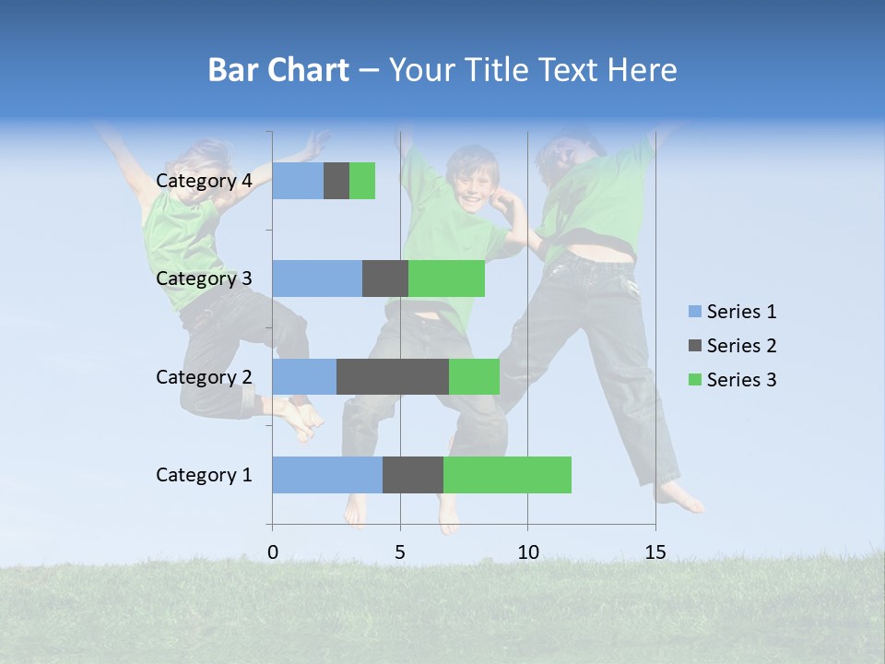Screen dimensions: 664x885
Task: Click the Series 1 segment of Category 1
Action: coord(327,475)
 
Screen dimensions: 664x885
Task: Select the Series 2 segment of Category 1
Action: coord(413,475)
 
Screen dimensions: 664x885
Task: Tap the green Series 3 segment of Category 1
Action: coord(507,475)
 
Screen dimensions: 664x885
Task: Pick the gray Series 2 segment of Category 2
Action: coord(393,376)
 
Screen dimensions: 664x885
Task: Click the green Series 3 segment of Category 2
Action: coord(474,376)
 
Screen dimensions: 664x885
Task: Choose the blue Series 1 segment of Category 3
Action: coord(317,279)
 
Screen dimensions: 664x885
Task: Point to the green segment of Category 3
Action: coord(446,279)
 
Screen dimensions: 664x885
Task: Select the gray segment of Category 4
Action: coord(336,181)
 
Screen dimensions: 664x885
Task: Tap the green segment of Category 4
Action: coord(362,181)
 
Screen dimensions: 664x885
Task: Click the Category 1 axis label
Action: coord(204,475)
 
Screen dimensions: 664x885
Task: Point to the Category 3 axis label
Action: coord(204,279)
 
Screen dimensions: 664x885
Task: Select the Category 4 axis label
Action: coord(204,181)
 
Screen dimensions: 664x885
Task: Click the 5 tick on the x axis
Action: coord(400,552)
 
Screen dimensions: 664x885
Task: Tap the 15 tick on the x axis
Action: coord(655,552)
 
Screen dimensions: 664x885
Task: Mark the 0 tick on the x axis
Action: coord(273,552)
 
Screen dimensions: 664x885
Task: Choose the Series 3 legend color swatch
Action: coord(695,380)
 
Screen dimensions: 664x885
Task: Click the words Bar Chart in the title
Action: coord(278,70)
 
